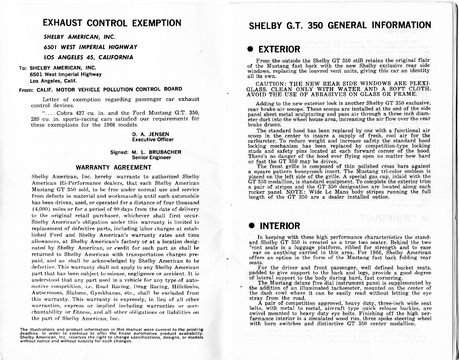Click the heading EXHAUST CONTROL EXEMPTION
click(x=112, y=23)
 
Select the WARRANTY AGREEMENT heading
click(x=113, y=167)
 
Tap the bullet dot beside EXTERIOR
click(x=251, y=49)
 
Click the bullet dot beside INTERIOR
click(x=252, y=226)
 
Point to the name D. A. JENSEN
click(x=151, y=134)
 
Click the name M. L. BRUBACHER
click(x=156, y=152)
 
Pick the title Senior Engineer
click(x=151, y=157)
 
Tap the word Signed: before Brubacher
click(x=119, y=152)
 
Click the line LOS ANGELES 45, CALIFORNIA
click(x=88, y=57)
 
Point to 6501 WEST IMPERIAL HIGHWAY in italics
click(x=91, y=47)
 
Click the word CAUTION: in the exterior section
click(x=271, y=84)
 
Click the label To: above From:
click(x=23, y=68)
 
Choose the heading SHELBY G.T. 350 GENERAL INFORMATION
click(x=339, y=25)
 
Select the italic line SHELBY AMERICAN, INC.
click(x=79, y=37)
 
